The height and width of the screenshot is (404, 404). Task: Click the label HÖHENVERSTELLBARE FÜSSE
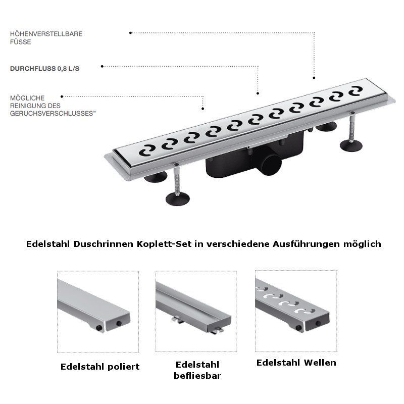(x=46, y=37)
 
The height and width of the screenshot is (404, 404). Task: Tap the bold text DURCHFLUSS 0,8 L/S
(x=44, y=69)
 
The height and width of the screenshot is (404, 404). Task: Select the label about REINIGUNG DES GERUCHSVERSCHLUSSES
(x=53, y=106)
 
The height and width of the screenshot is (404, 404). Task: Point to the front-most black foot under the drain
(x=178, y=198)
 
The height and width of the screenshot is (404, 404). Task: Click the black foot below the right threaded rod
(x=351, y=145)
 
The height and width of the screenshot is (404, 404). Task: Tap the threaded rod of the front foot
(x=177, y=180)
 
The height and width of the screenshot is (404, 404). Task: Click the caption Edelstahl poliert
(x=100, y=367)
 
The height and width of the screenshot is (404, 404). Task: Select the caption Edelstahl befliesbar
(x=197, y=370)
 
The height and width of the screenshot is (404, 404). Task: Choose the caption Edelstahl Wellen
(x=296, y=363)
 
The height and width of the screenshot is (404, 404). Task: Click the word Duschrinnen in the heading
(x=104, y=244)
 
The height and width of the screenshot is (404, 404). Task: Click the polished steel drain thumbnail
(x=98, y=312)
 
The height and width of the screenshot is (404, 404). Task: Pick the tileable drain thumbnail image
(x=196, y=311)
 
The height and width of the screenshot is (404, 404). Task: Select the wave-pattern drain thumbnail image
(x=296, y=311)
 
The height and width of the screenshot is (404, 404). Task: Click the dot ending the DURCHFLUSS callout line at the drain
(x=258, y=93)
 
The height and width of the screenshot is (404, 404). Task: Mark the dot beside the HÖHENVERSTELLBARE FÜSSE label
(x=130, y=33)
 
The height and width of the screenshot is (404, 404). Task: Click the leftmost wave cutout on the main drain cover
(x=147, y=150)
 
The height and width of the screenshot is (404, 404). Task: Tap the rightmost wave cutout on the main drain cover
(x=356, y=91)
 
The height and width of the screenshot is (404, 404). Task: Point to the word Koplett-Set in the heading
(x=164, y=244)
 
